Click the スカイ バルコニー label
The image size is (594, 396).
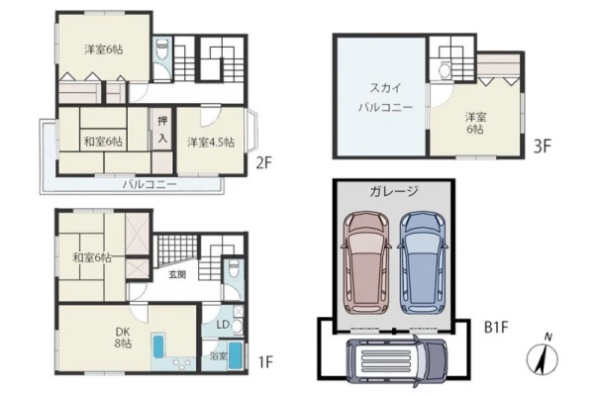click(x=386, y=98)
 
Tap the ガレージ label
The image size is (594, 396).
click(x=394, y=191)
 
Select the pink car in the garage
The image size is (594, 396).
click(x=366, y=262)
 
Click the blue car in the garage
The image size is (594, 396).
click(x=423, y=262)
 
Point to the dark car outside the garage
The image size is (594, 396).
click(x=397, y=360)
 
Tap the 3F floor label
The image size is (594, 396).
click(x=543, y=146)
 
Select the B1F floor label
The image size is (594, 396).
click(x=496, y=327)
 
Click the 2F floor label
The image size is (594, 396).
click(x=264, y=163)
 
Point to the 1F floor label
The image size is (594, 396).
click(x=265, y=362)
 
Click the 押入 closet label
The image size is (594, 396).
click(x=162, y=130)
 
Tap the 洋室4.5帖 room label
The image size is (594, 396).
click(x=211, y=143)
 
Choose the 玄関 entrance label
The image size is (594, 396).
click(x=177, y=274)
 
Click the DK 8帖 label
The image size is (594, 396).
click(x=124, y=338)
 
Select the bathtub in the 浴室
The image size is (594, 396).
click(x=236, y=355)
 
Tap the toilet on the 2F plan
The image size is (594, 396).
click(x=162, y=49)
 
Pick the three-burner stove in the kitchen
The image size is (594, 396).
click(x=182, y=363)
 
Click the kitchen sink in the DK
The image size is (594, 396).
click(x=158, y=346)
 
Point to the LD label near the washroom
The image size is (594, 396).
click(x=223, y=325)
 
